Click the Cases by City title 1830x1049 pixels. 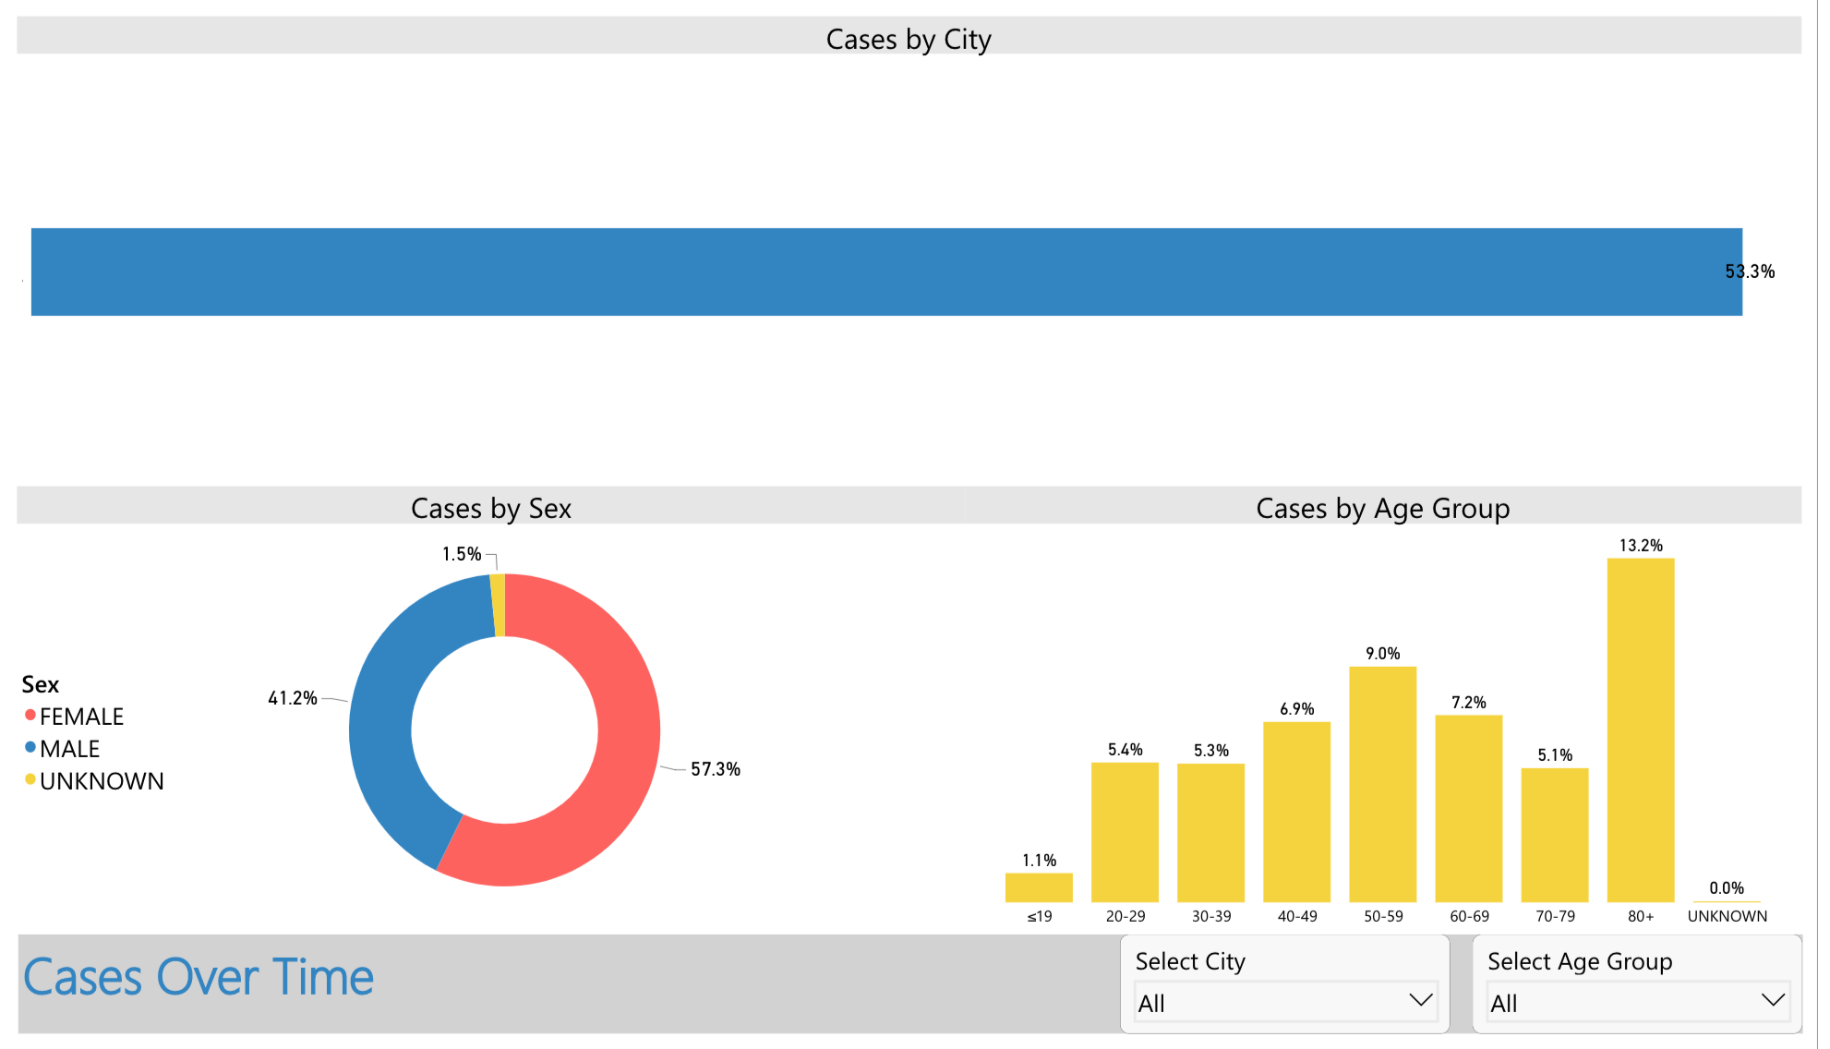[909, 40]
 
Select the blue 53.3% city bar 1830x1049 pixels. [886, 271]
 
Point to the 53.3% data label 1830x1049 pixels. [1750, 271]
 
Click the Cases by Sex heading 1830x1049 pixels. [490, 509]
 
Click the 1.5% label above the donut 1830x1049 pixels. [461, 554]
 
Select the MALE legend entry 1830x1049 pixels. [69, 749]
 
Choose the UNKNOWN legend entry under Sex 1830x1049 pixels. [101, 781]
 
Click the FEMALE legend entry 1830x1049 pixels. [81, 717]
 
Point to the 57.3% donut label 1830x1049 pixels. [715, 769]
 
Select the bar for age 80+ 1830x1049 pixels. [1640, 729]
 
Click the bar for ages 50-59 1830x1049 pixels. [1382, 785]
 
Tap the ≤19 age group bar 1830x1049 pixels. [1039, 887]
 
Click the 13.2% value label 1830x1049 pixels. [1641, 546]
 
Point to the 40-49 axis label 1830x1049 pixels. [1297, 916]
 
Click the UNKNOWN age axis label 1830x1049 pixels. [1727, 916]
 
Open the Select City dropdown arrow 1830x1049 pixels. [1420, 1001]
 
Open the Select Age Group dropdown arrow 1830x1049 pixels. [1773, 1001]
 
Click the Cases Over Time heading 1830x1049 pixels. [199, 978]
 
